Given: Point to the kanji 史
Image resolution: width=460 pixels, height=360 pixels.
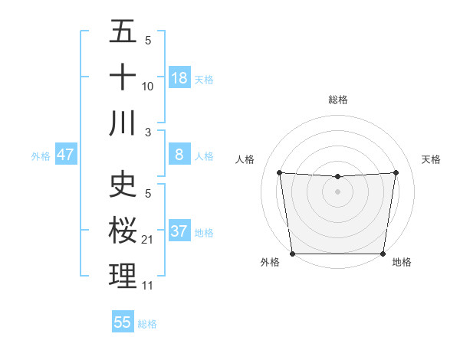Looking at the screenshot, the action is click(123, 184).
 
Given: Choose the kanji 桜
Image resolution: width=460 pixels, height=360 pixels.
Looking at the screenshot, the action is click(123, 230).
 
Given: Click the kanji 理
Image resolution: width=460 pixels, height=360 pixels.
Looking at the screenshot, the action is click(123, 276).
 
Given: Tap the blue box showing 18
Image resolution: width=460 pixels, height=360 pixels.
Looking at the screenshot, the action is click(179, 78).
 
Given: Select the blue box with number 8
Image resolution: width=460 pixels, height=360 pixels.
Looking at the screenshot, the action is click(179, 155).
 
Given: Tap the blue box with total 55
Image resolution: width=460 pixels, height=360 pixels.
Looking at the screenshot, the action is click(123, 322).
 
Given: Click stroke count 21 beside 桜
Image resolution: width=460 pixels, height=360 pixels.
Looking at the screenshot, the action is click(148, 240).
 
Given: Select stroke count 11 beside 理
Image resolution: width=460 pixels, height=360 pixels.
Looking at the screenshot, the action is click(148, 286).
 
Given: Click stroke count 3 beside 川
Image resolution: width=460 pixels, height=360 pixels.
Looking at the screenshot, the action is click(148, 132).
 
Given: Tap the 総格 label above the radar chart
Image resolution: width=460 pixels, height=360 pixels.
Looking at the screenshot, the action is click(338, 100).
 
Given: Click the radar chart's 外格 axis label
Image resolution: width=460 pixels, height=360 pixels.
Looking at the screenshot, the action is click(270, 262).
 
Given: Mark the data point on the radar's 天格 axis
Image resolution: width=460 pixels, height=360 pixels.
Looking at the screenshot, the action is click(396, 172).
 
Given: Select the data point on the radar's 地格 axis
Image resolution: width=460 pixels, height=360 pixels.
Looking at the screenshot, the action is click(383, 254).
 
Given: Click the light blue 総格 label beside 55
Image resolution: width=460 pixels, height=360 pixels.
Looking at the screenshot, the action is click(147, 324).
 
